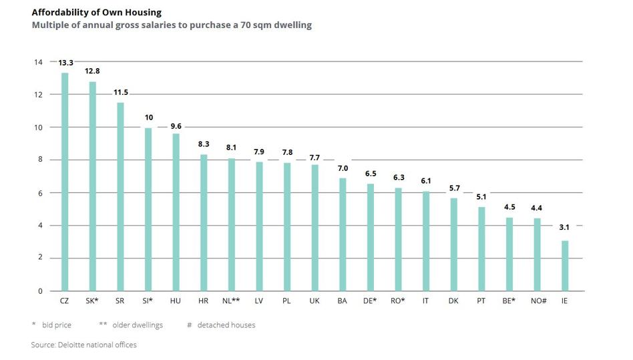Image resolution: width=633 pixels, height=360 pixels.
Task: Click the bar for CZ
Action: (x=65, y=182)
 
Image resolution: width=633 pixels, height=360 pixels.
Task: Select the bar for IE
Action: (x=565, y=266)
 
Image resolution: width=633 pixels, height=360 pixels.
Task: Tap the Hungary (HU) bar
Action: (x=176, y=212)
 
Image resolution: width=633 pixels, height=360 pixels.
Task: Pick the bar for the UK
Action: (x=315, y=228)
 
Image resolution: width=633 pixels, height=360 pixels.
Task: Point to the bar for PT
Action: (x=481, y=248)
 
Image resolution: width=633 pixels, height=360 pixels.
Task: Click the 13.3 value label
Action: (x=66, y=63)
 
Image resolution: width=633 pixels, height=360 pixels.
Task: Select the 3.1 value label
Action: (x=564, y=227)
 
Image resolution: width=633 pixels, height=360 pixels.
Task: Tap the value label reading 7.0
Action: (x=343, y=168)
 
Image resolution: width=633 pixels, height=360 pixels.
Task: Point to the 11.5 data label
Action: (x=121, y=92)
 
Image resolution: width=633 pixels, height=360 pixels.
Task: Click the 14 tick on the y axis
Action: (x=38, y=62)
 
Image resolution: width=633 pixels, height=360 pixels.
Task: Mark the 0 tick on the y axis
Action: (x=40, y=291)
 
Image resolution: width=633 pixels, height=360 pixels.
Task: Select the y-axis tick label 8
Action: (x=40, y=160)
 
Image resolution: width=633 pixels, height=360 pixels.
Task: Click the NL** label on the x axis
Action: (x=231, y=301)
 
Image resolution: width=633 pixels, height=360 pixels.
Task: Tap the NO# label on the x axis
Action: (x=539, y=301)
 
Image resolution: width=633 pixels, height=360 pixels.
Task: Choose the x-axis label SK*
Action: (x=92, y=301)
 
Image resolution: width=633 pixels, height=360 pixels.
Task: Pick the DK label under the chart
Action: (x=453, y=301)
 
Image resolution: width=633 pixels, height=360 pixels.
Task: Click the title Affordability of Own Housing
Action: (x=97, y=13)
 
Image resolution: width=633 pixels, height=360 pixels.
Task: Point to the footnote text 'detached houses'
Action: (x=226, y=325)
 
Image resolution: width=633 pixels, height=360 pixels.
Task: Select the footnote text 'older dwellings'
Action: (x=138, y=325)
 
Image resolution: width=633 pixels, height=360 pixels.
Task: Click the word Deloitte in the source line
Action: (x=72, y=345)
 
